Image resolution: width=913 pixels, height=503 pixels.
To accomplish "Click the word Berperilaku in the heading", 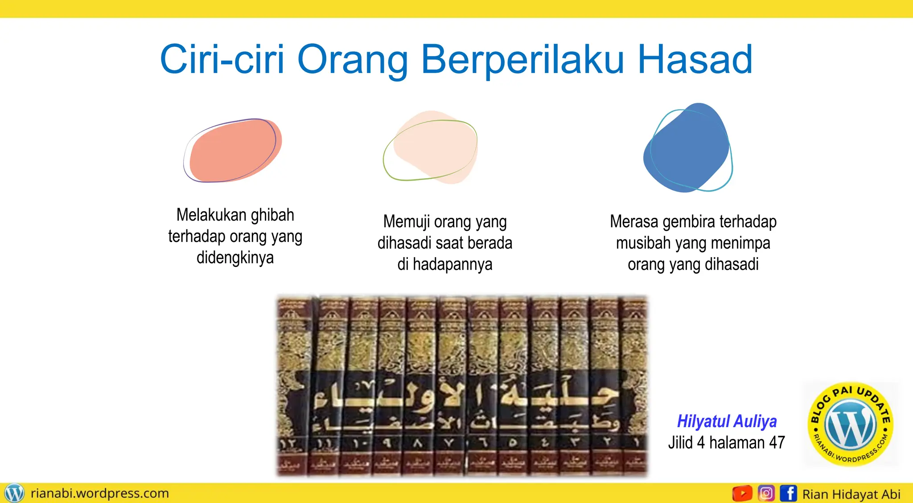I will click(x=522, y=60).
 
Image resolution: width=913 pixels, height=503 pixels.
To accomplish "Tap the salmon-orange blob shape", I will click(x=234, y=151).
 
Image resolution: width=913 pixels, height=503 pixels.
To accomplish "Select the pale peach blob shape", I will click(x=432, y=147).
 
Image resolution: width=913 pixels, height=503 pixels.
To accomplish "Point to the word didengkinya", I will click(x=235, y=258).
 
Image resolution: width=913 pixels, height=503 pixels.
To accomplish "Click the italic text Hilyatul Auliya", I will click(x=727, y=421).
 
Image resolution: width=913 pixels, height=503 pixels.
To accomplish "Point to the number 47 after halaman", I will click(x=777, y=442).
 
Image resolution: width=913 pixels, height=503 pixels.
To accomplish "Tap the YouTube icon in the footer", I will click(x=742, y=493).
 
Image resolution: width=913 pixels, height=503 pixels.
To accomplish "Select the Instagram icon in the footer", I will click(x=766, y=493).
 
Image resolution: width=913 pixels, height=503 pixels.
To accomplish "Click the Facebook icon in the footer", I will click(x=788, y=493).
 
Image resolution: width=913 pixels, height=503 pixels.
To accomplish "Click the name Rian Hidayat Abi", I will click(x=851, y=494).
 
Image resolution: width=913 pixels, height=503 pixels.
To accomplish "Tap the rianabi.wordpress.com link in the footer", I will click(x=100, y=493).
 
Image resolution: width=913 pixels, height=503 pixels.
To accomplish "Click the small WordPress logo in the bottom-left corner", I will click(x=14, y=493).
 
